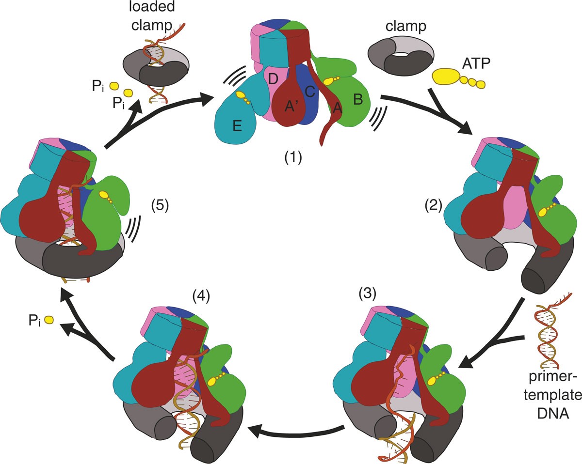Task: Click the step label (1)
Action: coord(292,157)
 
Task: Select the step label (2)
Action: coord(434,205)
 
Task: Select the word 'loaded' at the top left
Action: coord(147,9)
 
